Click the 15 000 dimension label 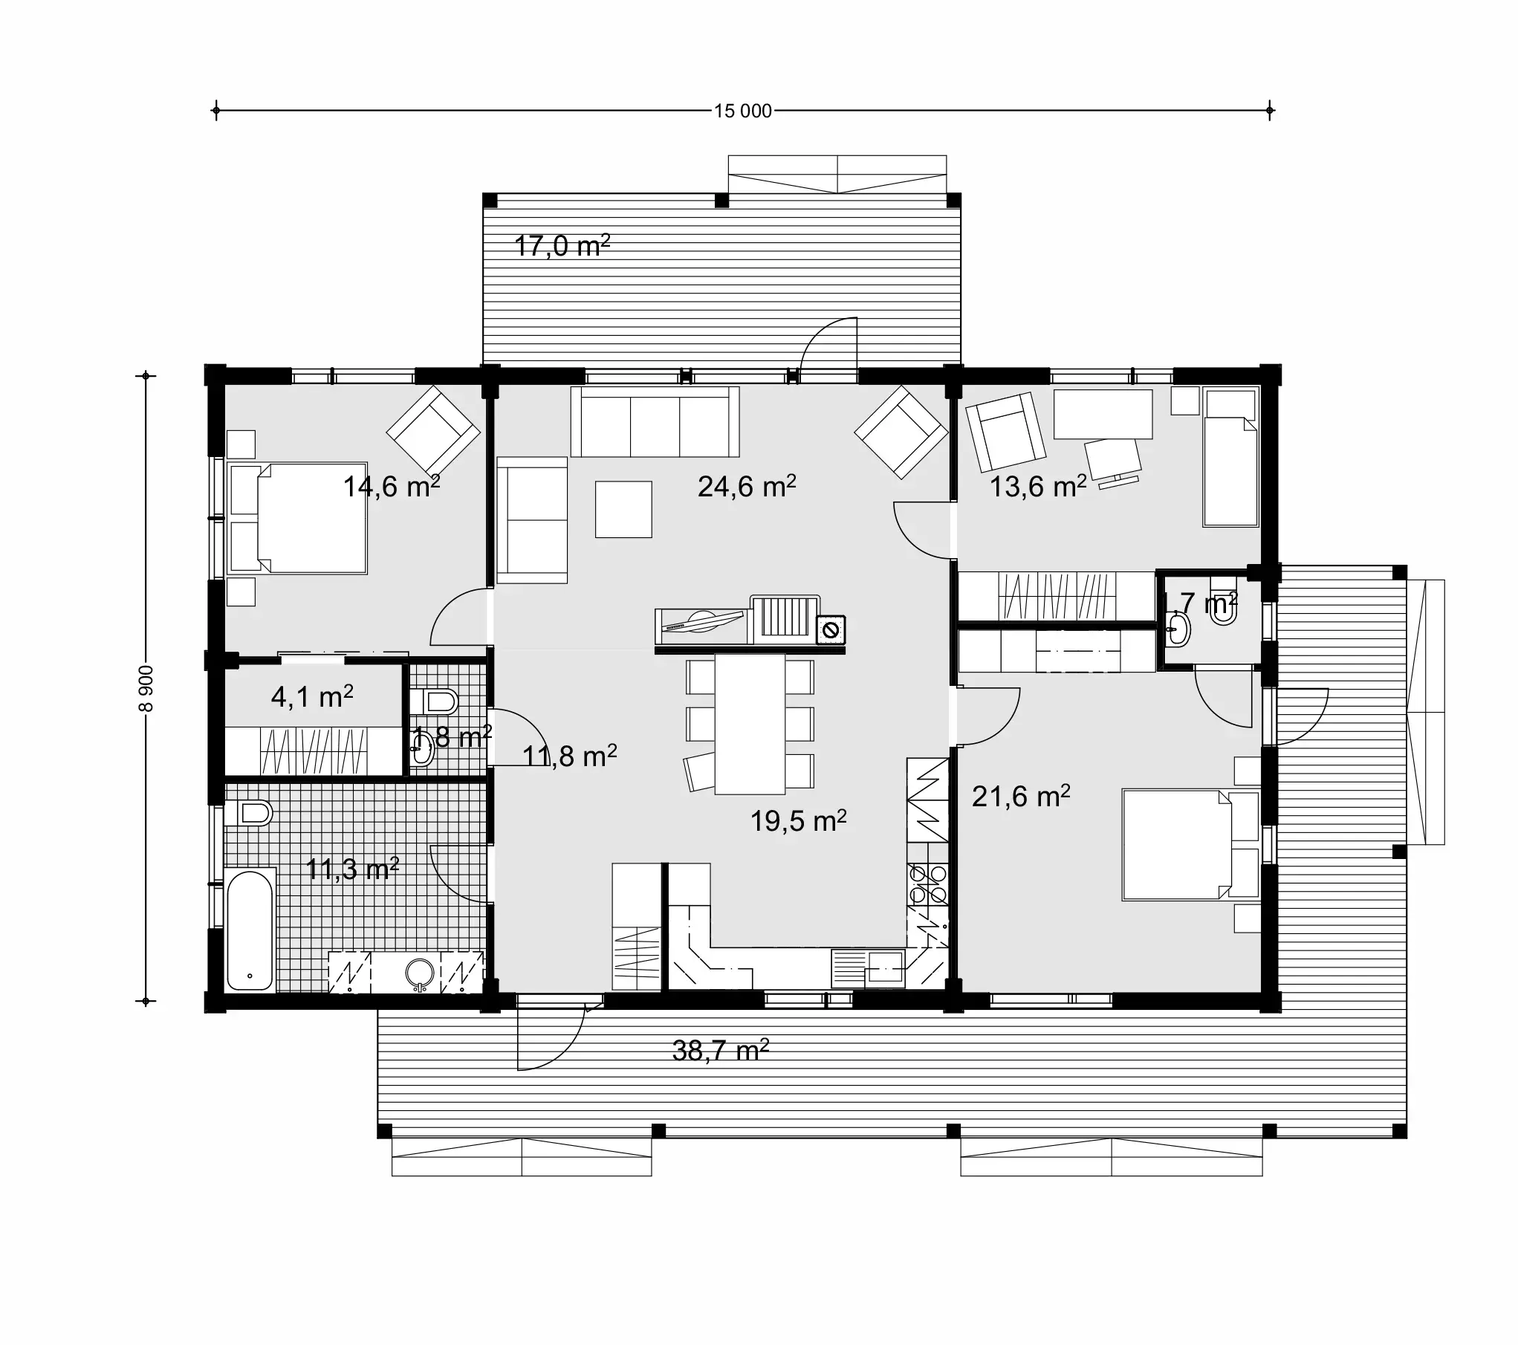point(742,111)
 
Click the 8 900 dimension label point(146,688)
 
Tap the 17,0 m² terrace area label point(562,245)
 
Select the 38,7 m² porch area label point(719,1050)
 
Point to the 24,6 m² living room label point(746,487)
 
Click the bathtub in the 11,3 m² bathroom point(250,930)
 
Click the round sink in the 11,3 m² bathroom point(420,971)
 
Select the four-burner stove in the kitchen point(928,884)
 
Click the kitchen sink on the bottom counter point(884,967)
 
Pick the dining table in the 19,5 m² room point(750,723)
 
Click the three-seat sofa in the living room point(655,421)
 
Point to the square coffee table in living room point(623,509)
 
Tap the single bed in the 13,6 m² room point(1230,470)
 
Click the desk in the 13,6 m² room point(1103,415)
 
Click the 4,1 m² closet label point(311,697)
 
